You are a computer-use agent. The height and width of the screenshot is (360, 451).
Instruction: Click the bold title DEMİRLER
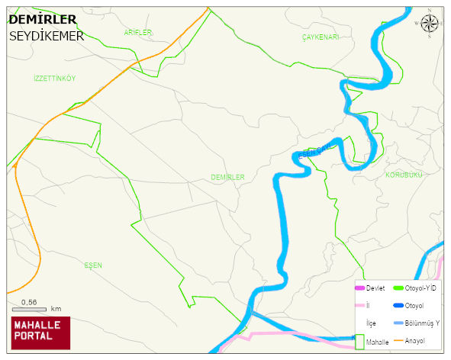(42, 20)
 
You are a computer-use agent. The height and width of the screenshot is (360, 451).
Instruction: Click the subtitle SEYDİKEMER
(46, 36)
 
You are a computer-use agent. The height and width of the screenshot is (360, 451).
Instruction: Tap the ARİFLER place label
(138, 33)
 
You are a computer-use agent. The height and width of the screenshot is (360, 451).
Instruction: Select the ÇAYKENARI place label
(320, 37)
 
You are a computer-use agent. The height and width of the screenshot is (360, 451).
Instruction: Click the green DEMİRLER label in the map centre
(227, 177)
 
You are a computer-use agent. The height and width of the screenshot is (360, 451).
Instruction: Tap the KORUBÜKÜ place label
(404, 175)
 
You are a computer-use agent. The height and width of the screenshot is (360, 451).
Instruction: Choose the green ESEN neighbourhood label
(93, 265)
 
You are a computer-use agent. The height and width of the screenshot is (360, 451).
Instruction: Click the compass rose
(430, 23)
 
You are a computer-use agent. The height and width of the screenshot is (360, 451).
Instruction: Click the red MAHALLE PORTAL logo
(40, 333)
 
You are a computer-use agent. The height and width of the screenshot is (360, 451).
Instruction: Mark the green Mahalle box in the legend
(360, 342)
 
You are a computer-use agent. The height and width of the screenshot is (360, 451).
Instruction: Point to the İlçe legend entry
(372, 323)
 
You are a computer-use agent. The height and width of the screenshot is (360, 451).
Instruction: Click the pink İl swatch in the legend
(360, 306)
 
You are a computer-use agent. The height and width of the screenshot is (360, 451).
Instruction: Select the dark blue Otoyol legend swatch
(398, 306)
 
